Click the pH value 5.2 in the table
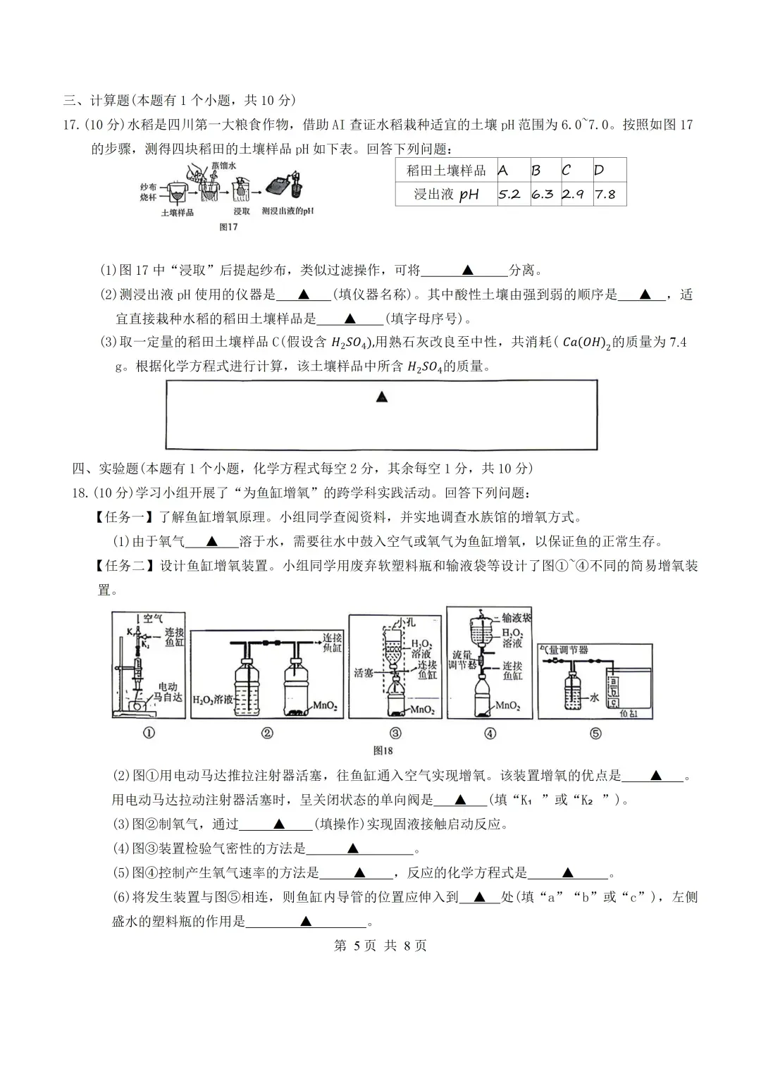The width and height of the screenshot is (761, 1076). [x=509, y=194]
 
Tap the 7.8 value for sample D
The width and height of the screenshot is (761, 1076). [x=605, y=194]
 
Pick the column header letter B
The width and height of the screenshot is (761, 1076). [x=536, y=171]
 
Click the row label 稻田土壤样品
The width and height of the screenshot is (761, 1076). [x=446, y=171]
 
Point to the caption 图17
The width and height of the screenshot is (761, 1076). [x=228, y=227]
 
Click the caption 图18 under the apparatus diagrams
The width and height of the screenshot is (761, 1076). [x=383, y=751]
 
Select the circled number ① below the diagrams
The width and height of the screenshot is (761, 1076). [x=149, y=733]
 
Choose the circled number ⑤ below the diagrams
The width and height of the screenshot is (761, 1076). [x=595, y=733]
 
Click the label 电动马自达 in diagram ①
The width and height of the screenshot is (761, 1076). [x=168, y=691]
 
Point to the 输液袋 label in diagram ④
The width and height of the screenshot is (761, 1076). [x=516, y=618]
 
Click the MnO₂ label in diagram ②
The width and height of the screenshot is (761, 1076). [x=325, y=705]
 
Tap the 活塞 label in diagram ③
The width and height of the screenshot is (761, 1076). [x=364, y=673]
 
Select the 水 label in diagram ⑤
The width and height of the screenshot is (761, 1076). [x=593, y=697]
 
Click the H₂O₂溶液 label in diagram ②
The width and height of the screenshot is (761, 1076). [x=213, y=700]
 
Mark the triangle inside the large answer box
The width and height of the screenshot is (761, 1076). [x=382, y=397]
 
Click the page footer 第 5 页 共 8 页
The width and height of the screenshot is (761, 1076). [x=380, y=946]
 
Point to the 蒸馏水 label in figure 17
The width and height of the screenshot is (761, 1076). [x=223, y=166]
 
